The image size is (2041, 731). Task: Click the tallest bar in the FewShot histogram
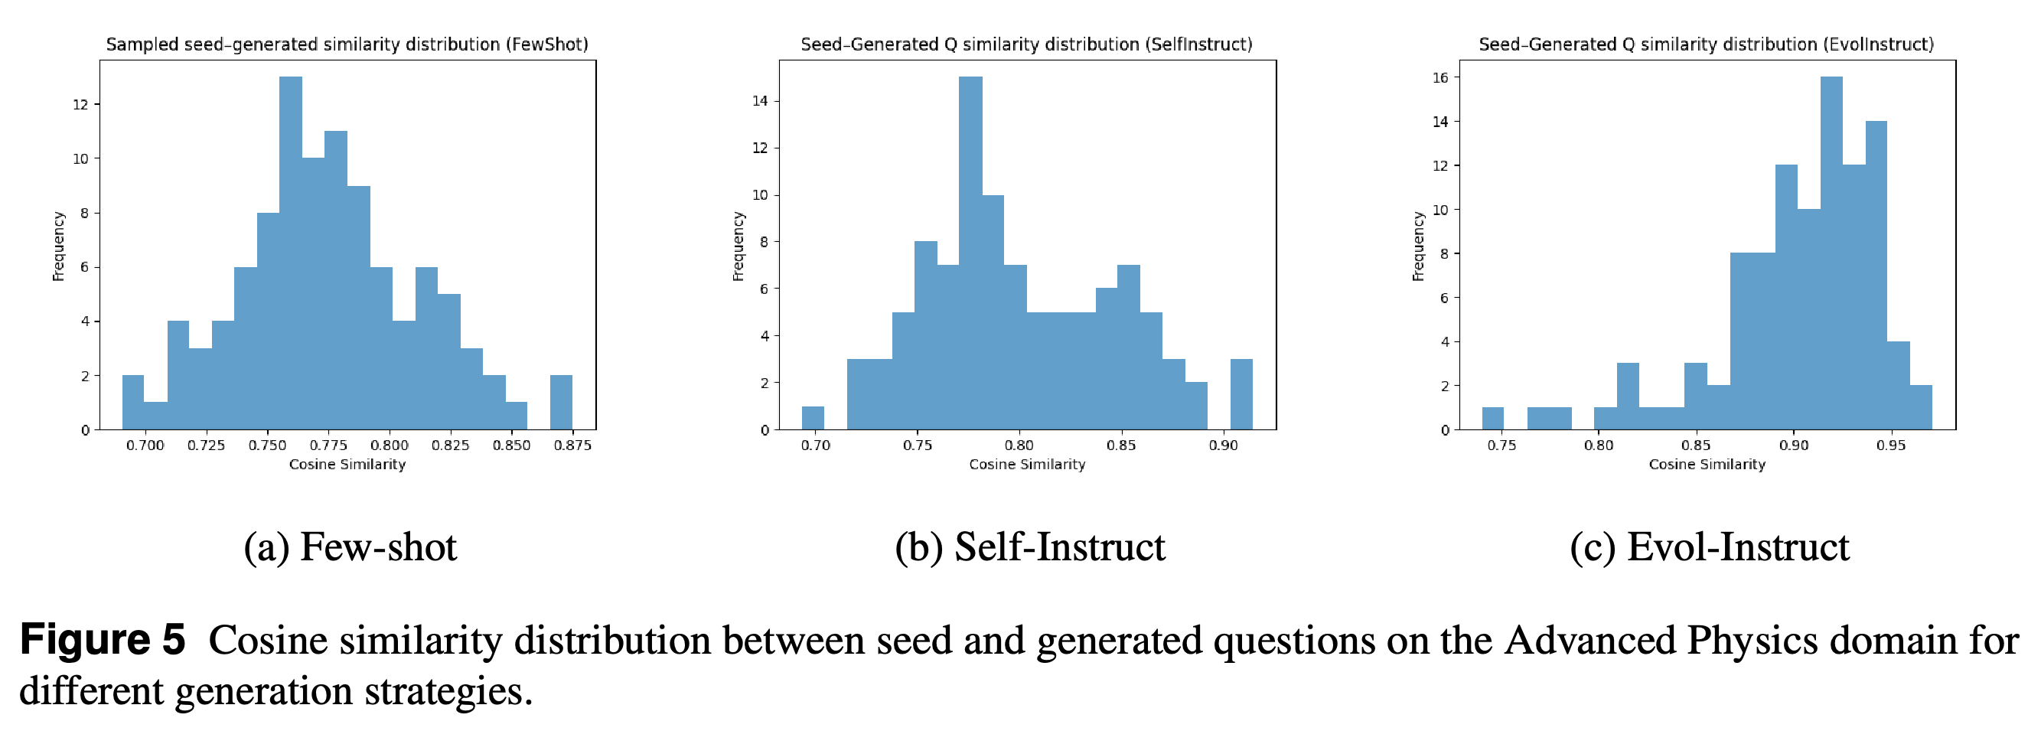tap(291, 253)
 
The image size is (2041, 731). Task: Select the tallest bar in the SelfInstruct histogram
tap(970, 253)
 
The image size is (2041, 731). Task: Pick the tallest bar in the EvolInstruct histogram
tap(1831, 253)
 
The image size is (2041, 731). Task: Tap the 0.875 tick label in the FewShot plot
tap(572, 445)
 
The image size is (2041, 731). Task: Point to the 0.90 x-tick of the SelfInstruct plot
tap(1224, 445)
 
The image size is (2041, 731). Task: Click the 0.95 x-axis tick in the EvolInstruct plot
tap(1890, 445)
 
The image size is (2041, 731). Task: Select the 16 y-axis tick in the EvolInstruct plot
tap(1439, 78)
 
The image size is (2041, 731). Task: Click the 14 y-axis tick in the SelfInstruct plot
tap(760, 101)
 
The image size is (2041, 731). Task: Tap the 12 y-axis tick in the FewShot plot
tap(80, 104)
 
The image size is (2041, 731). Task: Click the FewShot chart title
tap(347, 44)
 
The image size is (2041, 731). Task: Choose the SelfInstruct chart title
tap(1027, 44)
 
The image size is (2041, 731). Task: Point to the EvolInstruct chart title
tap(1707, 44)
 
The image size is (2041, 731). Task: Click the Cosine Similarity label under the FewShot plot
tap(347, 465)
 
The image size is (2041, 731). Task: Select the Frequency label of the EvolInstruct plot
tap(1418, 246)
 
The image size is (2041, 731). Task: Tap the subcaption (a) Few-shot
tap(350, 547)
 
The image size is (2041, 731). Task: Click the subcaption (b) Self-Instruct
tap(1030, 547)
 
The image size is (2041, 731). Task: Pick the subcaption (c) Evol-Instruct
tap(1710, 547)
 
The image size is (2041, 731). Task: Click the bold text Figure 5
tap(103, 640)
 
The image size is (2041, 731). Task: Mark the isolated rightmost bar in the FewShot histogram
tap(561, 403)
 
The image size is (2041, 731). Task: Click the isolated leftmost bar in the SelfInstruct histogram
tap(813, 419)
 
